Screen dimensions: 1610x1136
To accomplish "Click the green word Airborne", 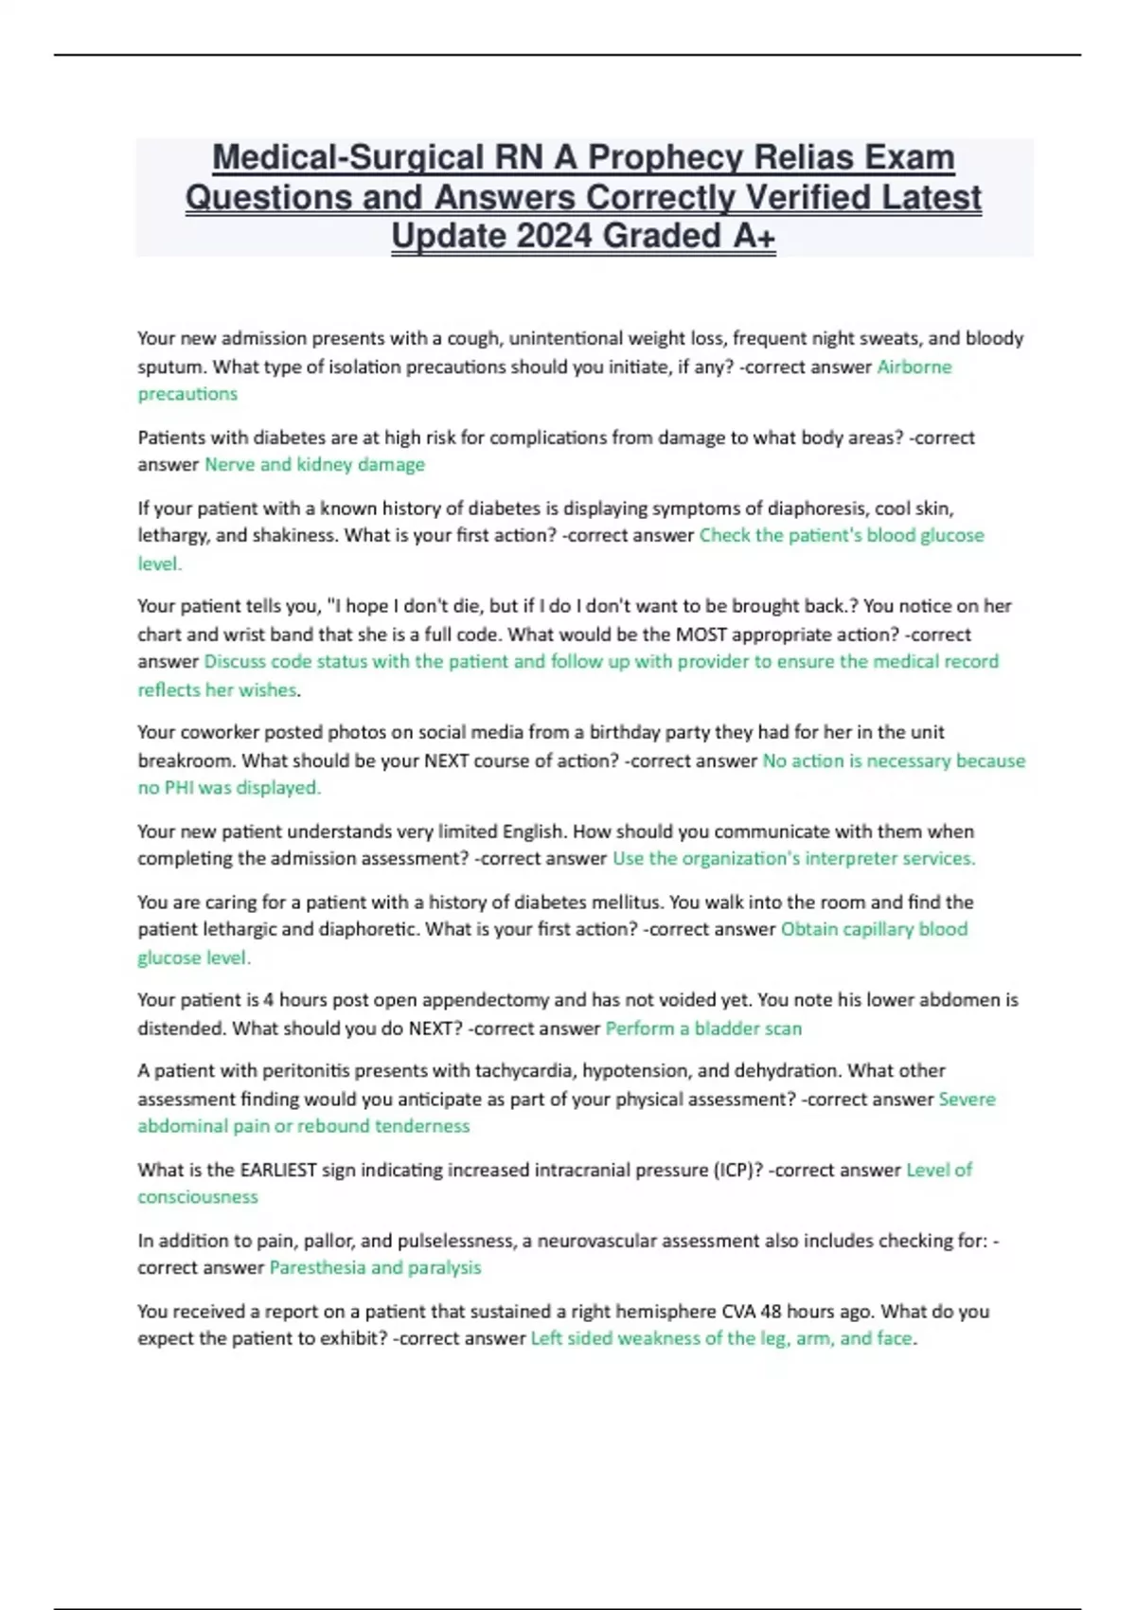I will pyautogui.click(x=914, y=367).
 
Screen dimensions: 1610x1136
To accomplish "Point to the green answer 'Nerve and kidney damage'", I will pyautogui.click(x=314, y=464).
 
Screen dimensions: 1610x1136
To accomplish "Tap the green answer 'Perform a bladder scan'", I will pyautogui.click(x=703, y=1028).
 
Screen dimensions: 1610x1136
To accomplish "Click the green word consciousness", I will pyautogui.click(x=198, y=1196).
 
